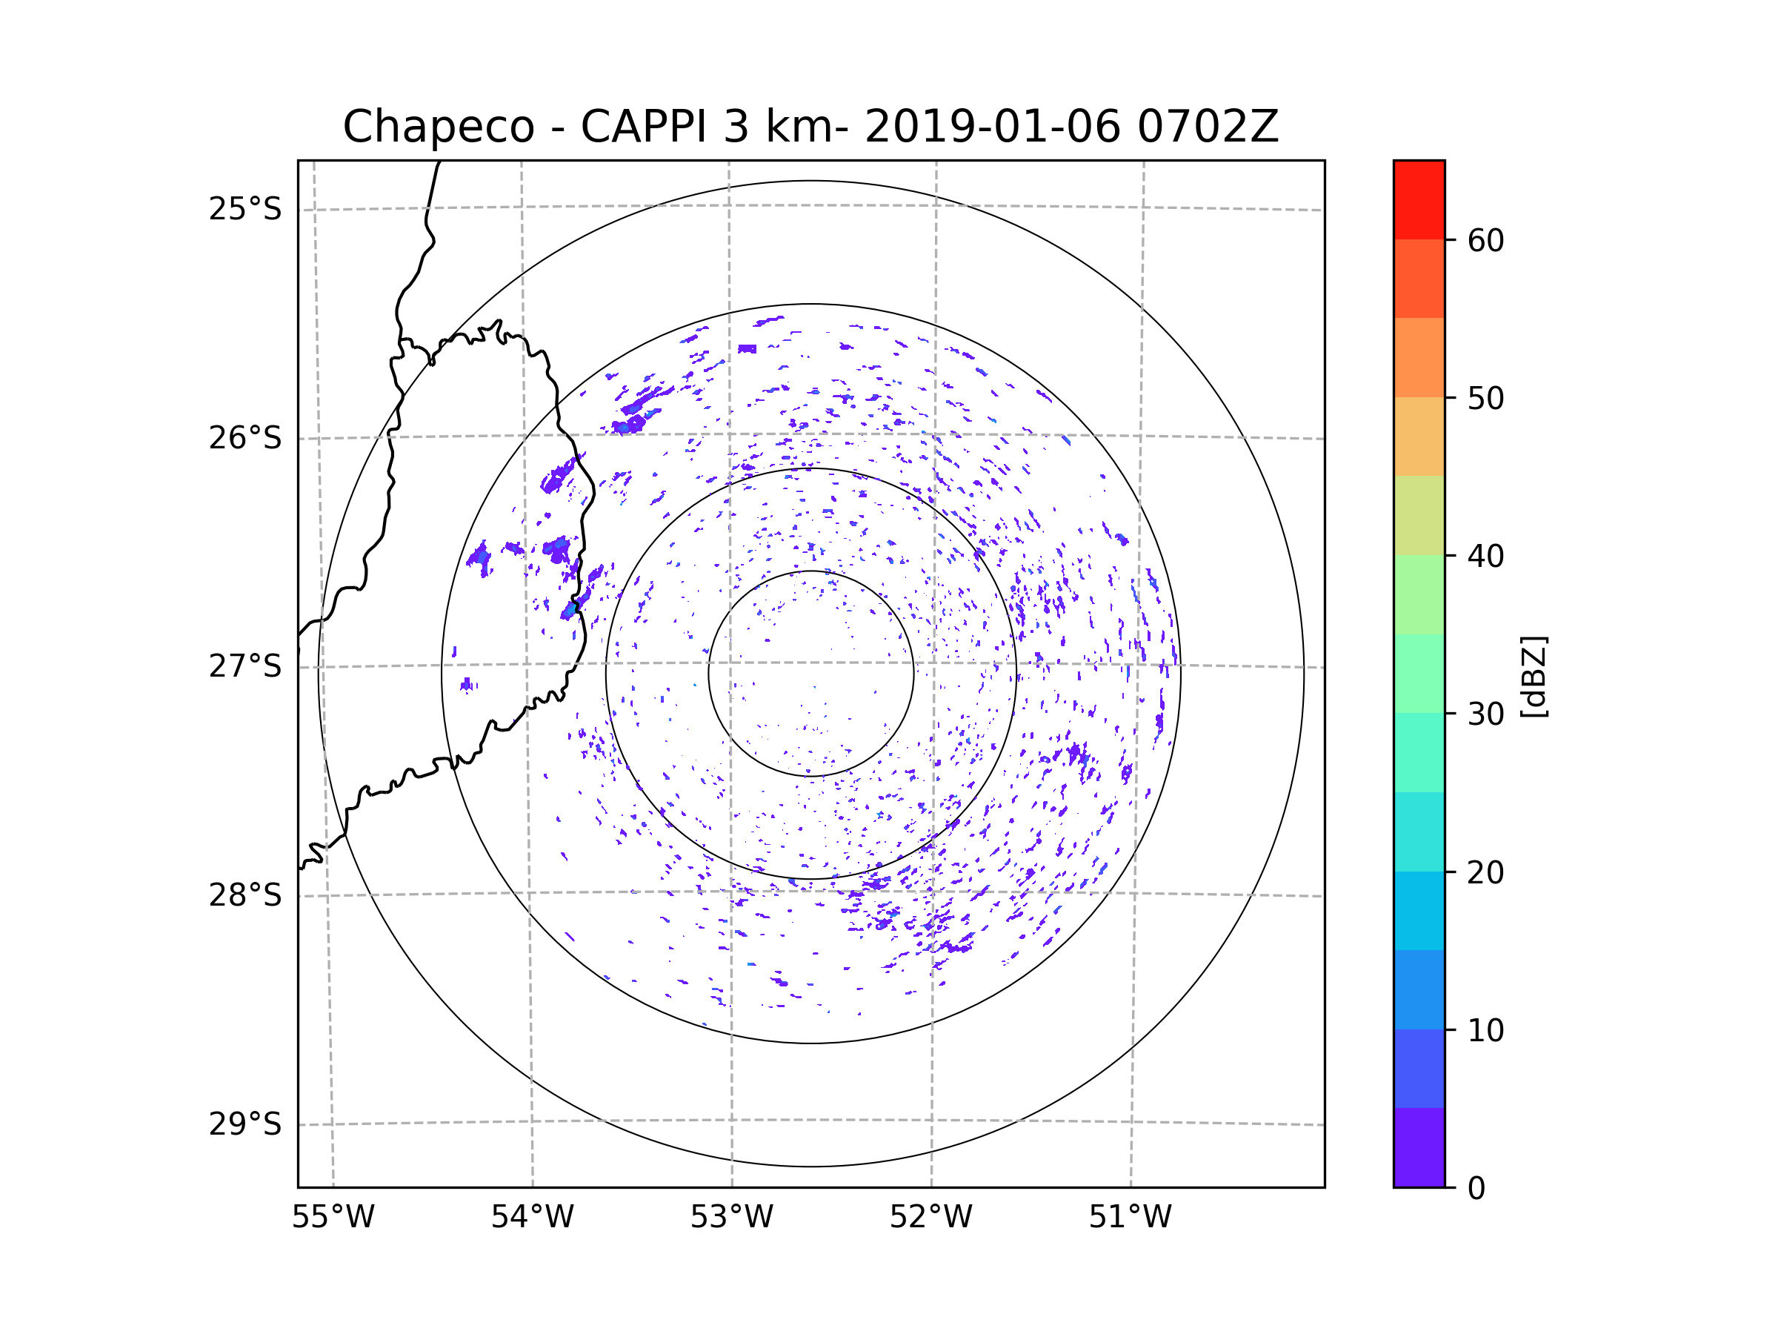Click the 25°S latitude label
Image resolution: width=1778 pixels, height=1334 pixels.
(x=245, y=209)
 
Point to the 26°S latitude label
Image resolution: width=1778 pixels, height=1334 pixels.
(x=245, y=438)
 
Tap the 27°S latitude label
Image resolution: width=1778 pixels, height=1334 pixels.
(x=245, y=666)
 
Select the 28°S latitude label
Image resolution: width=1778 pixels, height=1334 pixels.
(x=245, y=895)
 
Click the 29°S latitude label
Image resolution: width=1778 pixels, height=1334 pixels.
(x=245, y=1124)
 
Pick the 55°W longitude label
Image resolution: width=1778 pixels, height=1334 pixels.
(x=333, y=1218)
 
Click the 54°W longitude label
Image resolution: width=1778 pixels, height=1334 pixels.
(x=532, y=1218)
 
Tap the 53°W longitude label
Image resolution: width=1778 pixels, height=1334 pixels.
(x=731, y=1218)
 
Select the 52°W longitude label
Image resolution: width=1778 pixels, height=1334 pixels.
(x=930, y=1218)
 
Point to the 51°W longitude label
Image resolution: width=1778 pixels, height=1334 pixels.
(x=1130, y=1218)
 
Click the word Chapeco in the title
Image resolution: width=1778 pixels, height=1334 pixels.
(x=438, y=127)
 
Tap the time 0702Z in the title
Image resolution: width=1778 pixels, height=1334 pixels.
(x=1208, y=127)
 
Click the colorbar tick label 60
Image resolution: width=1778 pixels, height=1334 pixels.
(x=1485, y=240)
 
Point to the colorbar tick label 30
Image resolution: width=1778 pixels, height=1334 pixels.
(x=1485, y=714)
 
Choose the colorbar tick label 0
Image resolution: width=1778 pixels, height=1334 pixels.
(x=1476, y=1189)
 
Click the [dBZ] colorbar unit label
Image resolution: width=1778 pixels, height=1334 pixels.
(x=1534, y=676)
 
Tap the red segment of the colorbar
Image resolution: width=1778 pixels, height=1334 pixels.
(x=1419, y=199)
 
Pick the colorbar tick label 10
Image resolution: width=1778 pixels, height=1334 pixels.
(x=1485, y=1030)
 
